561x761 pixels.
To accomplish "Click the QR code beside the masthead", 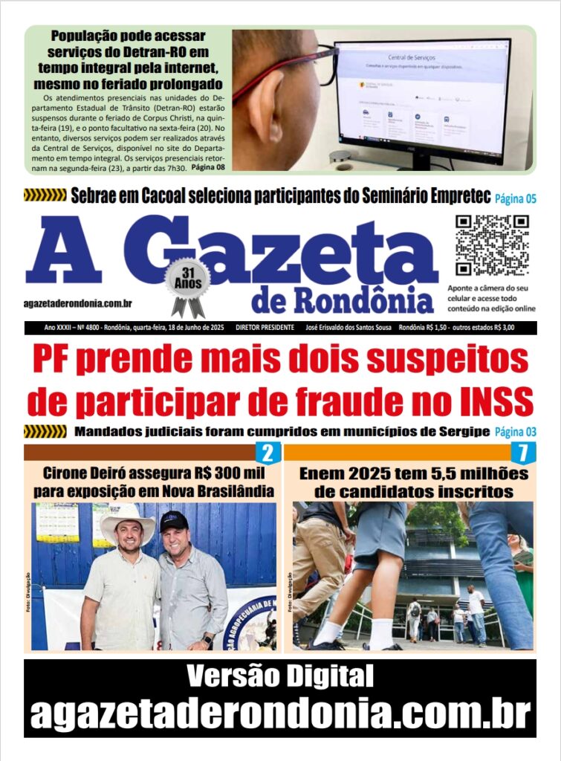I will pyautogui.click(x=491, y=245).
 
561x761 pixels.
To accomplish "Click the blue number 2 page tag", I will pyautogui.click(x=267, y=453).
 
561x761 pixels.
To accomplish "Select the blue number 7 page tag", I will pyautogui.click(x=523, y=453).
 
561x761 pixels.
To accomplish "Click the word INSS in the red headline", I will pyautogui.click(x=489, y=402).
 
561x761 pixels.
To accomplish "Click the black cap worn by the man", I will pyautogui.click(x=175, y=521).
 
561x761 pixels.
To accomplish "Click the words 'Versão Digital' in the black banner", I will pyautogui.click(x=279, y=677).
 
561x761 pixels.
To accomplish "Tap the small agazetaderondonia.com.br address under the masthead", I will pyautogui.click(x=78, y=302).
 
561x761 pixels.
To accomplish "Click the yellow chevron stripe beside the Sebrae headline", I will pyautogui.click(x=45, y=195).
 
